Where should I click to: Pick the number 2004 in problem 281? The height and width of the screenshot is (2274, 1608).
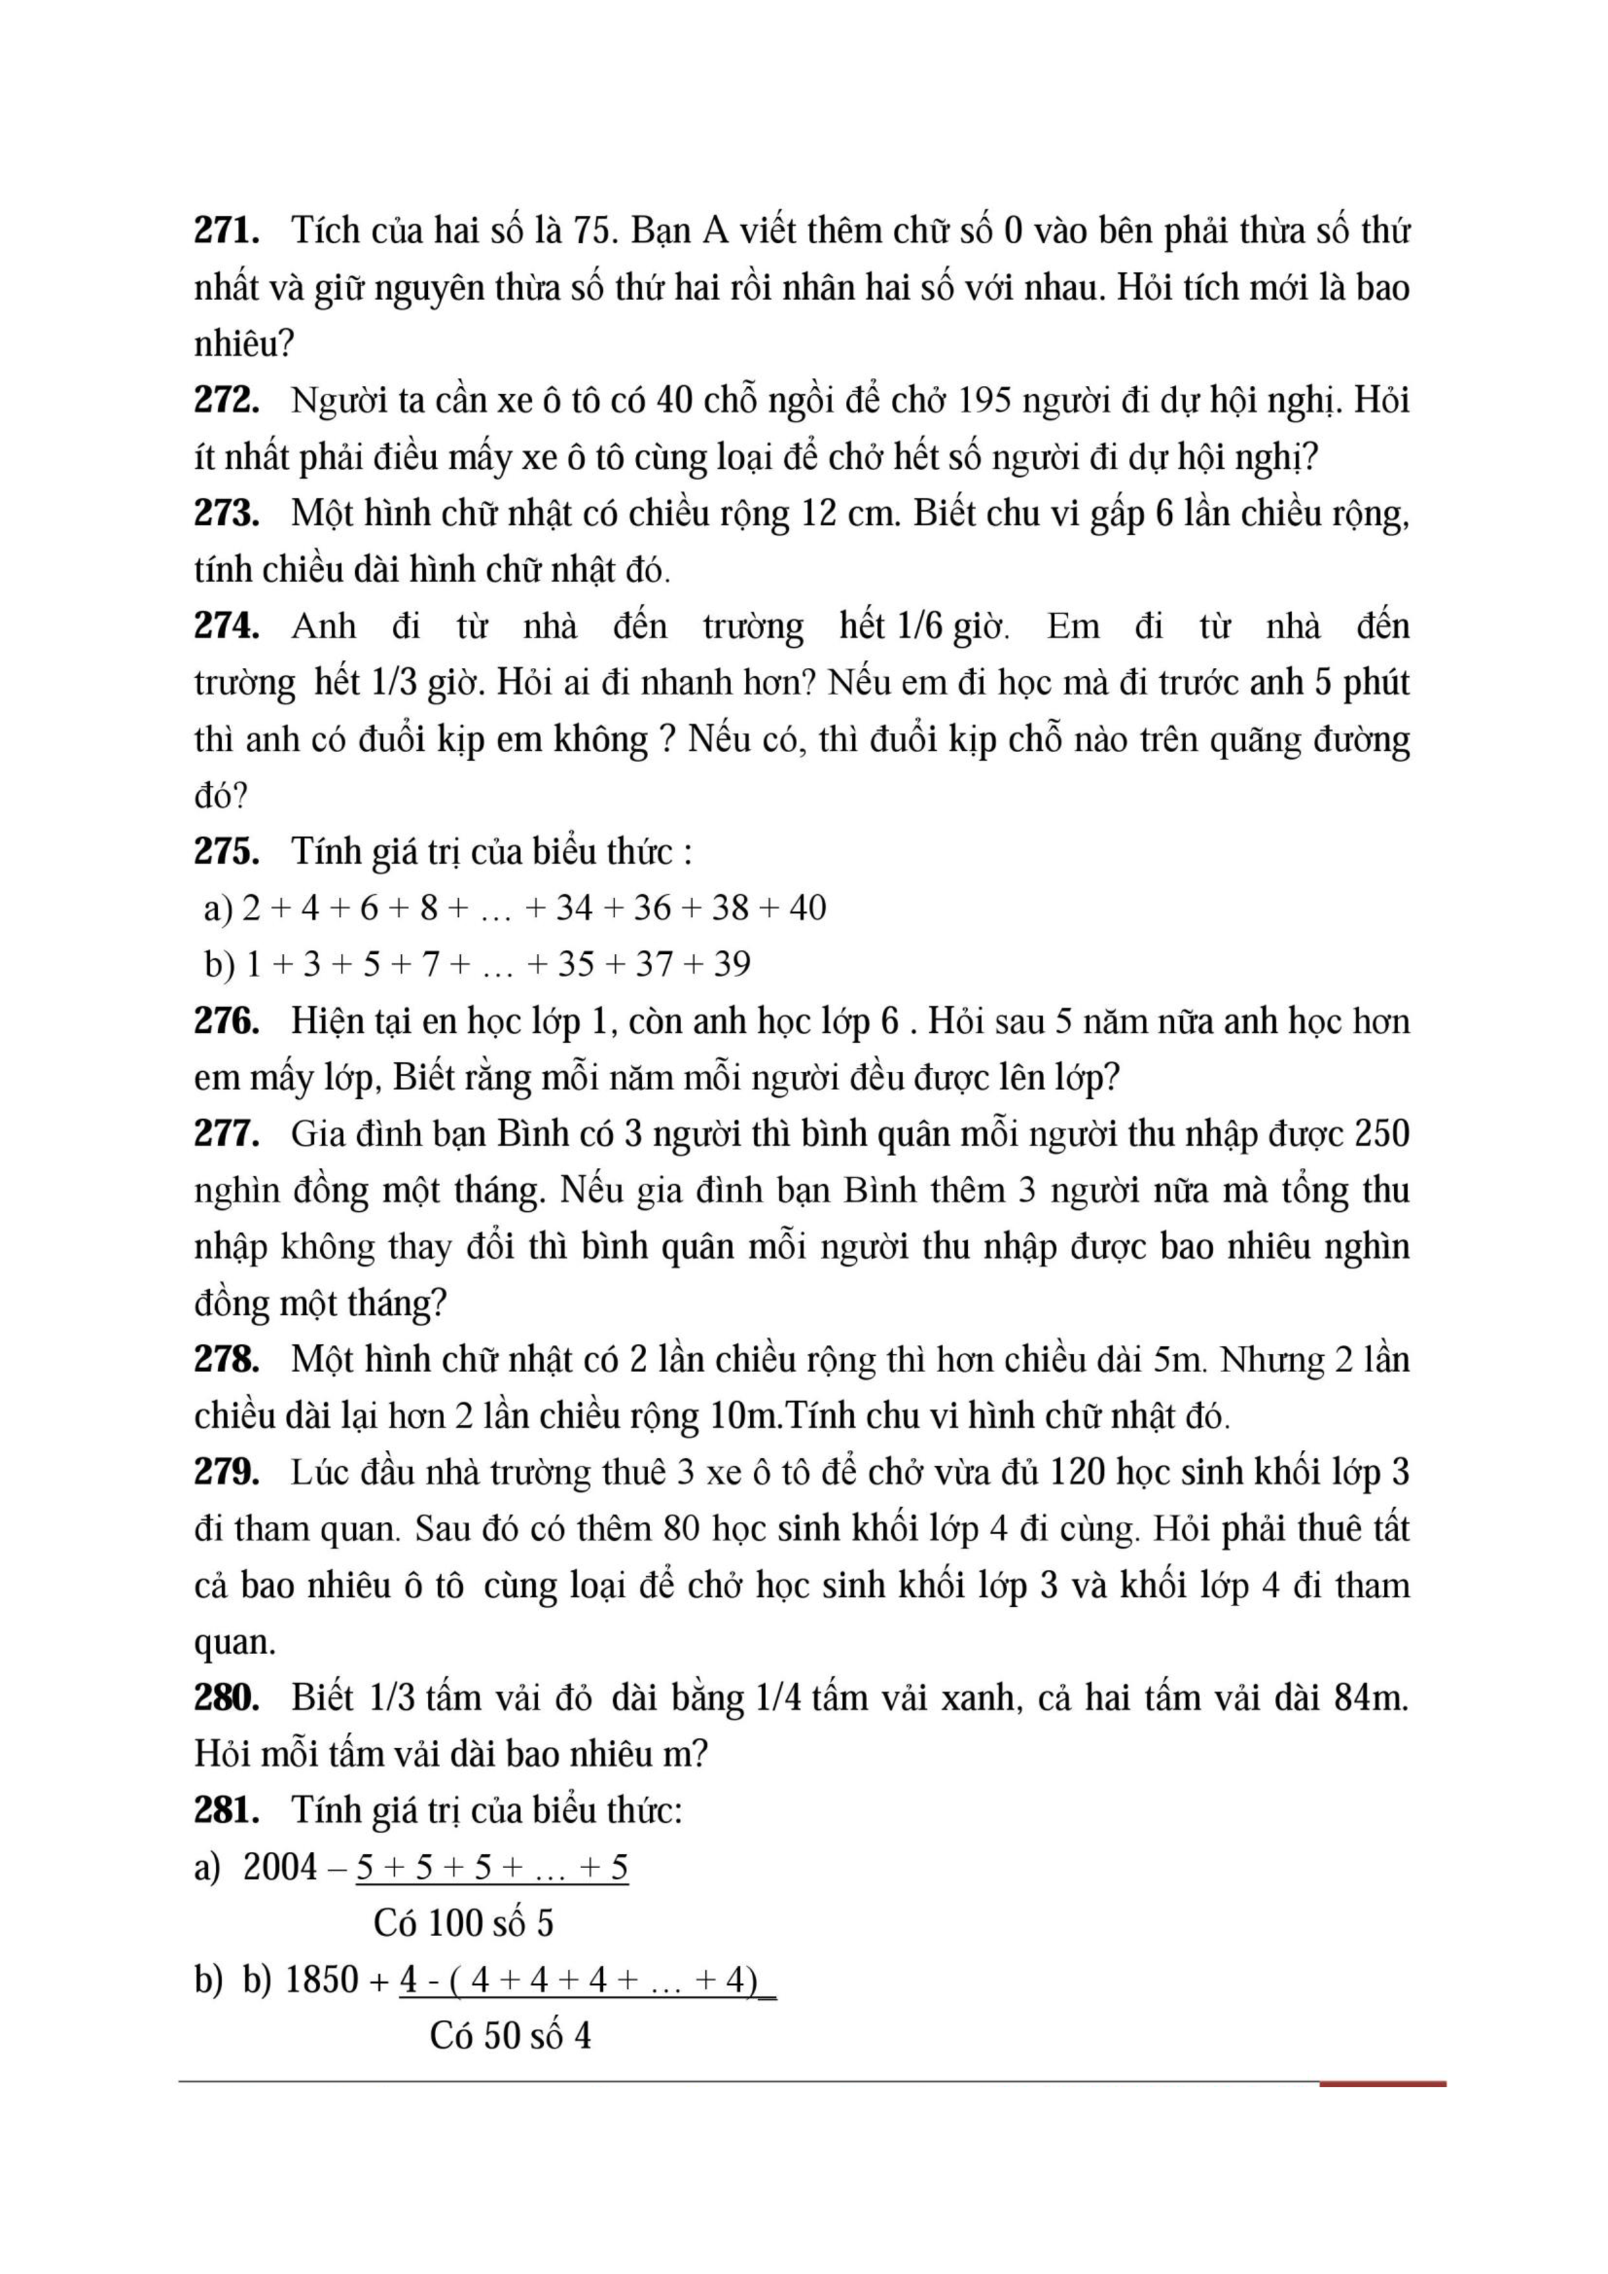[x=280, y=1867]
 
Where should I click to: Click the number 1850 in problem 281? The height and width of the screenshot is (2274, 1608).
[x=322, y=1980]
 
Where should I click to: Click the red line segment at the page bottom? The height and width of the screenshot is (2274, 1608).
[x=1382, y=2085]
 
